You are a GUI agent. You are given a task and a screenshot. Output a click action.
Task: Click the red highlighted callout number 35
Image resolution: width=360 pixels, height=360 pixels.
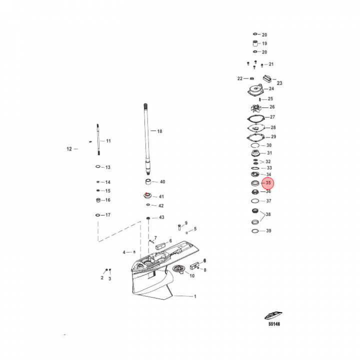click(268, 183)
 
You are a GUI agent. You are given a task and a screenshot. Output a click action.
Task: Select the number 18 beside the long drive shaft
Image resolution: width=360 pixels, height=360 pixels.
click(159, 131)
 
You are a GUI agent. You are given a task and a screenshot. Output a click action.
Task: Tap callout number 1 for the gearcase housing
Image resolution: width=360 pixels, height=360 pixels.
click(195, 296)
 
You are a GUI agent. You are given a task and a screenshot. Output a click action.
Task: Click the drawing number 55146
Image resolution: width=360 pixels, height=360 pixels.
click(273, 324)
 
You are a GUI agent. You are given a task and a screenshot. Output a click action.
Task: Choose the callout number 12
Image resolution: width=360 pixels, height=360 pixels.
click(69, 149)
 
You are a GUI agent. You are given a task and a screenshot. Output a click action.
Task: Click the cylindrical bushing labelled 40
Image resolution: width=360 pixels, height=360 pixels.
click(148, 181)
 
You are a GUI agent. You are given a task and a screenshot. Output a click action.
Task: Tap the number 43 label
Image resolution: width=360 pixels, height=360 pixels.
click(161, 217)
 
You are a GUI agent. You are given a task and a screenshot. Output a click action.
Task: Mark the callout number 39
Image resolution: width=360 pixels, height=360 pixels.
click(268, 231)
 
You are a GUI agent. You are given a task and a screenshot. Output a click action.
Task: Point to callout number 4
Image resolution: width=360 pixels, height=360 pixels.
click(124, 252)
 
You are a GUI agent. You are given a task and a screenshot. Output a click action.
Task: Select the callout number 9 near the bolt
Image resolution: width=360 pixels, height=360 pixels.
click(186, 223)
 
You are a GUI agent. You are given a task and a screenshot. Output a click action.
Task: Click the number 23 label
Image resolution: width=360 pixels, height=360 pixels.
click(279, 83)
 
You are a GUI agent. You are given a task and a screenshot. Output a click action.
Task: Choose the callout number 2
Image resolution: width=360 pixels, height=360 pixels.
click(102, 278)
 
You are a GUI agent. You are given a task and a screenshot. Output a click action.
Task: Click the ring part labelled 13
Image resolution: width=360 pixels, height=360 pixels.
click(98, 167)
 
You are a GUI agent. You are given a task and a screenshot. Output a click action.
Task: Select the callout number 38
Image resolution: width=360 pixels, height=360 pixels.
click(268, 214)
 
